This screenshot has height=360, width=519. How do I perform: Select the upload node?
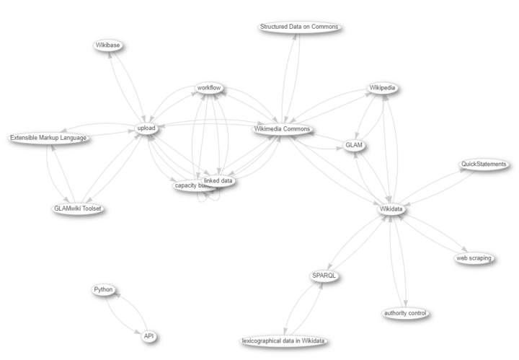point(146,128)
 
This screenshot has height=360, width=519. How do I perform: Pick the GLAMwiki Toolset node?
point(77,208)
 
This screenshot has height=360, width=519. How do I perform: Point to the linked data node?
point(218,181)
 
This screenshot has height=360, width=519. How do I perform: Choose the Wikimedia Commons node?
point(283,129)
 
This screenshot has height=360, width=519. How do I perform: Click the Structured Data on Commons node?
point(298,27)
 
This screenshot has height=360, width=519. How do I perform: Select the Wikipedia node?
point(382,88)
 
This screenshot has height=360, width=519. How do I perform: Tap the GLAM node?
point(353,145)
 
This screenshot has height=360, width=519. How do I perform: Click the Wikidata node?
point(391,208)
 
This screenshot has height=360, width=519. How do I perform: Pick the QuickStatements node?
point(484,164)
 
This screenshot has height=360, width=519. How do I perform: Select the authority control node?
point(406,313)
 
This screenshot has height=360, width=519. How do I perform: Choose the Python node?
point(104,289)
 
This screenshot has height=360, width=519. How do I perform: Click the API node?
point(149,336)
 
